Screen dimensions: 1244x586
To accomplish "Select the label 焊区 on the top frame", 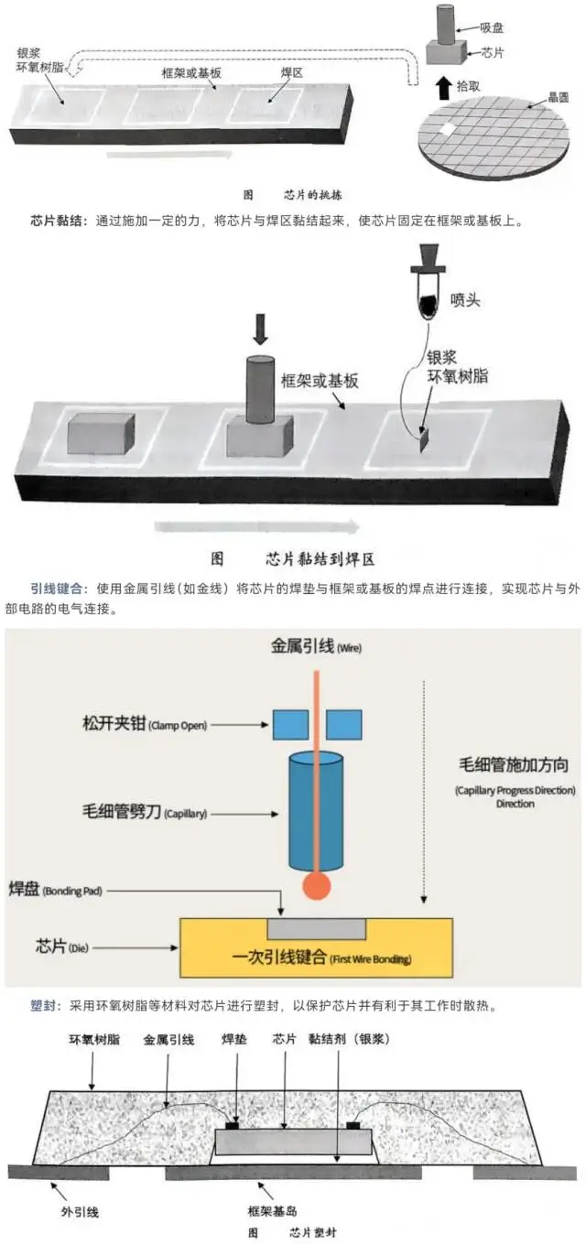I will [291, 71].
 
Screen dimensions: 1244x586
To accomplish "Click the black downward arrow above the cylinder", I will [260, 327].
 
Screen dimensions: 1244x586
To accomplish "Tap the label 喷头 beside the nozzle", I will [466, 298].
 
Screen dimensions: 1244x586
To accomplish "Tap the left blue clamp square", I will [290, 724].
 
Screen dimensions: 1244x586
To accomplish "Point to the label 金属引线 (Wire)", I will [316, 646].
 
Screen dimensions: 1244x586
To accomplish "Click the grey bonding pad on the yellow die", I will [316, 928].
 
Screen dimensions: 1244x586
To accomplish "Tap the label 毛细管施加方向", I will [515, 764].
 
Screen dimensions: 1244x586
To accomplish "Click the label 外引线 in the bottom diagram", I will [80, 1211].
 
